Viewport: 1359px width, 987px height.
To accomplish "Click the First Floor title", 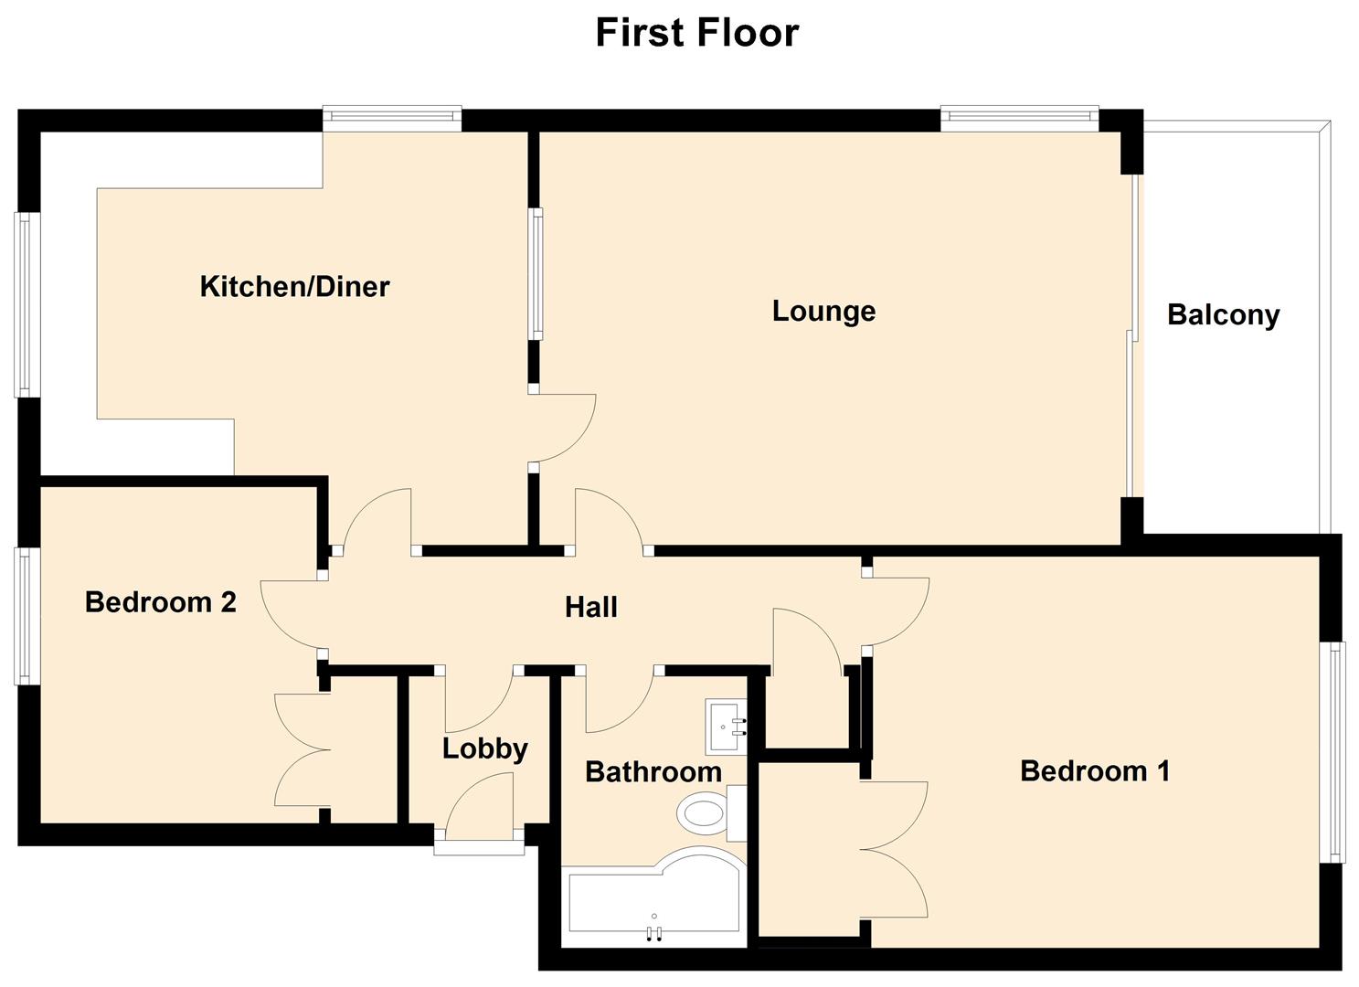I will (696, 33).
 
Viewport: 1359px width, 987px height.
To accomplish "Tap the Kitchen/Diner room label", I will (294, 287).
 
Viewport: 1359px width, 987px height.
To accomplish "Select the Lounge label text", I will (823, 311).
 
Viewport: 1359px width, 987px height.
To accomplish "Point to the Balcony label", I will (1223, 315).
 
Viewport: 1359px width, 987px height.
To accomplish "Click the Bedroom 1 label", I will (1094, 771).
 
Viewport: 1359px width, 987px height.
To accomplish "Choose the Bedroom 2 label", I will (160, 602).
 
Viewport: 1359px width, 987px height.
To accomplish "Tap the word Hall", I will (590, 608).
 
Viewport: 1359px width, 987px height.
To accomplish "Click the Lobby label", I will (484, 749).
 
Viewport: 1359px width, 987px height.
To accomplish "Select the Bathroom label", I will (653, 772).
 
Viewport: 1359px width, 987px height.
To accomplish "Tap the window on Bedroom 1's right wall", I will (1337, 751).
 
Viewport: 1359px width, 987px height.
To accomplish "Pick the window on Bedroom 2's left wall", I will (27, 616).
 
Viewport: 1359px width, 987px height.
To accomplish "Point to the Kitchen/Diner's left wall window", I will (27, 304).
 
